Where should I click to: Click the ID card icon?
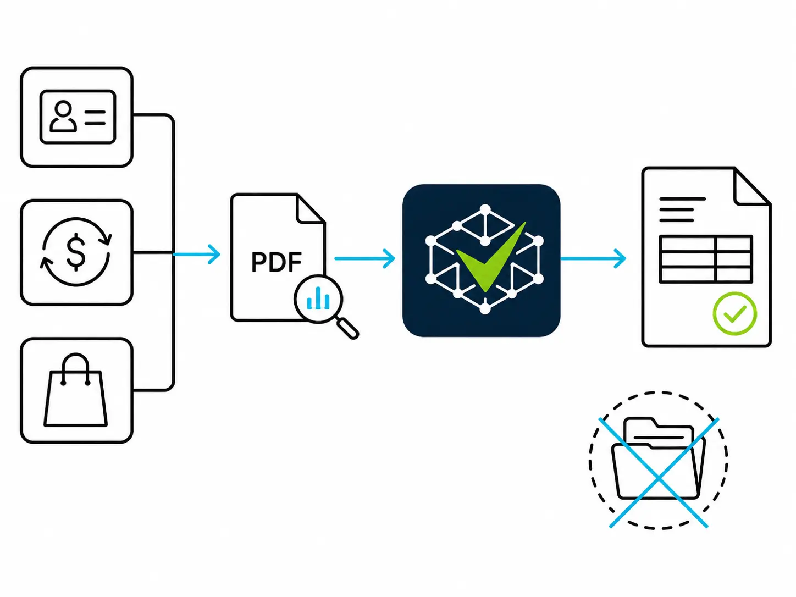point(78,117)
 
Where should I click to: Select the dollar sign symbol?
point(76,252)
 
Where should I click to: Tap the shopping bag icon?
point(75,390)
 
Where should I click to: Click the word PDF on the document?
point(277,262)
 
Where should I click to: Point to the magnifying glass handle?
point(348,328)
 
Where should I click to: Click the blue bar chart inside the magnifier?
point(318,298)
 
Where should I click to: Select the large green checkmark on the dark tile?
point(490,257)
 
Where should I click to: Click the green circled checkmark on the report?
point(735,313)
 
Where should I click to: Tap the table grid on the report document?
point(706,259)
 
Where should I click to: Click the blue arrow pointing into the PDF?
point(196,254)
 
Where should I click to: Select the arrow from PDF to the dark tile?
point(364,258)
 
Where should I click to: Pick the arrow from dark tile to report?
point(593,258)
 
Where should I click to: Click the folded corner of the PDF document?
point(311,208)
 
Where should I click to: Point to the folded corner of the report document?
point(752,186)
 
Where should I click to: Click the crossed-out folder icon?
point(658,460)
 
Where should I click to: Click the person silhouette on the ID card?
point(63,116)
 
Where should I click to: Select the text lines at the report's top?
point(682,209)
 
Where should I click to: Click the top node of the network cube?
point(485,209)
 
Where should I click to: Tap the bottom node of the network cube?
point(485,309)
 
